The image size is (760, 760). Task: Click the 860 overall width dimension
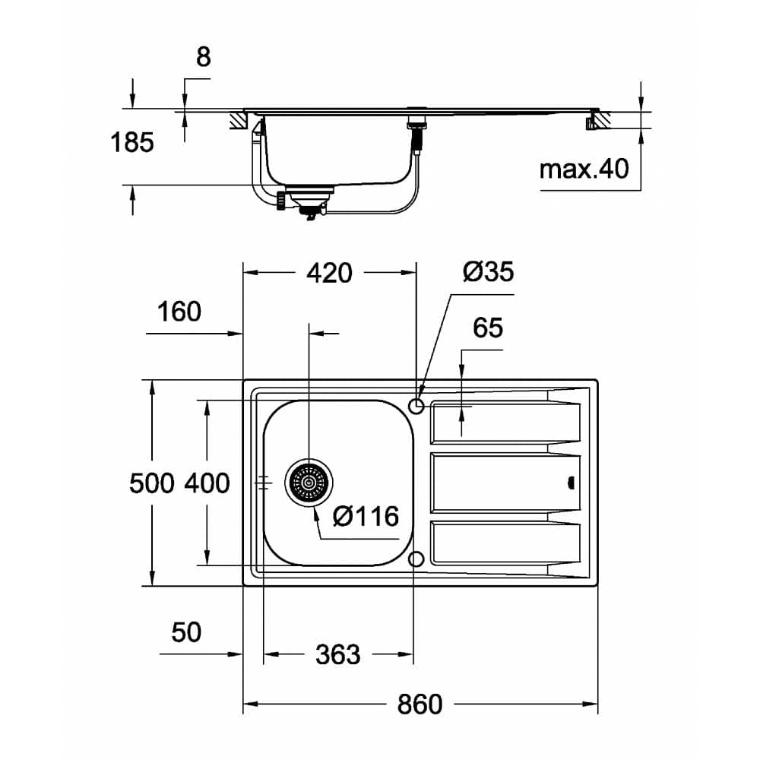pyautogui.click(x=419, y=704)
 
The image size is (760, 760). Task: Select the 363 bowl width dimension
pyautogui.click(x=337, y=654)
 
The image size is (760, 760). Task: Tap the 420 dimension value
pyautogui.click(x=328, y=273)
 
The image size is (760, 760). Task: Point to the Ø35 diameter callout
pyautogui.click(x=488, y=271)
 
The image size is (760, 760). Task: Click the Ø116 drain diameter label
pyautogui.click(x=366, y=517)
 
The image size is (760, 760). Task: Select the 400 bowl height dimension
pyautogui.click(x=206, y=483)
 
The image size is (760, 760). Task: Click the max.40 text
pyautogui.click(x=584, y=169)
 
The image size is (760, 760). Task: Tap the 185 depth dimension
pyautogui.click(x=132, y=142)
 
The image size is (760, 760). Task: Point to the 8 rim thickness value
pyautogui.click(x=203, y=58)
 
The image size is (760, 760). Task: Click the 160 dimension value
pyautogui.click(x=179, y=312)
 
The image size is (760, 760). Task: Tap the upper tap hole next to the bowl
pyautogui.click(x=416, y=406)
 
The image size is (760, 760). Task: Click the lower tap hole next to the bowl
pyautogui.click(x=416, y=559)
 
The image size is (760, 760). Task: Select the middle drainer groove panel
pyautogui.click(x=502, y=483)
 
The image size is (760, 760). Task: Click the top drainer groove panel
pyautogui.click(x=502, y=423)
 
